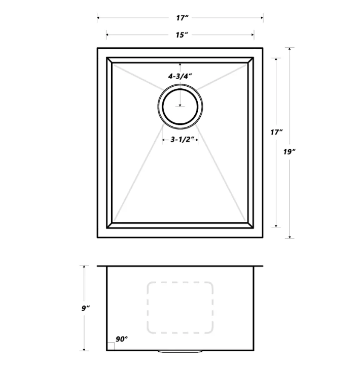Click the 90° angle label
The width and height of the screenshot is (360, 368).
[x=122, y=339]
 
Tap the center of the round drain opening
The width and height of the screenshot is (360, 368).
[x=181, y=106]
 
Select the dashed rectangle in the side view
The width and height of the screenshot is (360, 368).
[x=179, y=307]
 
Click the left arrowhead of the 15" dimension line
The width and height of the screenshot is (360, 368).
[x=107, y=35]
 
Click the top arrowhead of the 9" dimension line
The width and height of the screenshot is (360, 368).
[x=84, y=266]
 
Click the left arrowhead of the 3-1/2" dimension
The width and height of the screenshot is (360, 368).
[x=163, y=140]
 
